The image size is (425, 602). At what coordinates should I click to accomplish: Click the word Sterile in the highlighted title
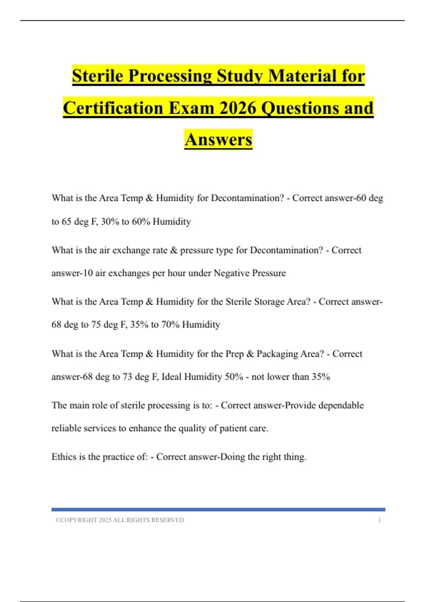tap(98, 76)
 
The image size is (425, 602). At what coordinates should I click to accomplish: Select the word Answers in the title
tap(219, 139)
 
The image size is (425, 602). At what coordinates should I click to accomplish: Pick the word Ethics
tap(64, 457)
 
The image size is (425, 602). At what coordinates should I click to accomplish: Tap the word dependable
tap(341, 405)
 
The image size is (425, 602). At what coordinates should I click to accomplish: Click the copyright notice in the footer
tap(120, 520)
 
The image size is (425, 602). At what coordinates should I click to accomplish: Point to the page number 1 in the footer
tap(379, 520)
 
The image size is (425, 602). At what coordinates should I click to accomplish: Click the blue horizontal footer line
tap(218, 510)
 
